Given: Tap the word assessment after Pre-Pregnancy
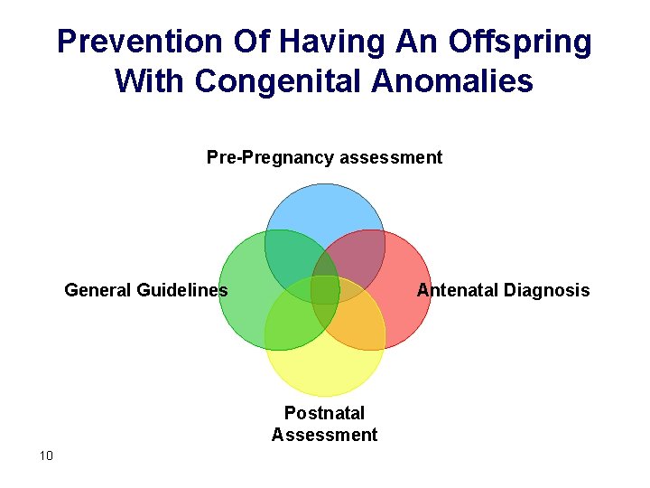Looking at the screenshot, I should coord(390,158).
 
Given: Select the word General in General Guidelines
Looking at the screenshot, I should coord(98,290).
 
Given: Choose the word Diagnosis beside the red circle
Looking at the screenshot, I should coord(546,290).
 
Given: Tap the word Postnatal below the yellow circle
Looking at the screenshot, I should coord(324,413).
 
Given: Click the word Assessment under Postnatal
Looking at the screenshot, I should coord(324,435).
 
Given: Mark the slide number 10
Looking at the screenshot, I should coord(47,455).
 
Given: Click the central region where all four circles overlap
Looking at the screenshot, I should coord(325,290).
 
